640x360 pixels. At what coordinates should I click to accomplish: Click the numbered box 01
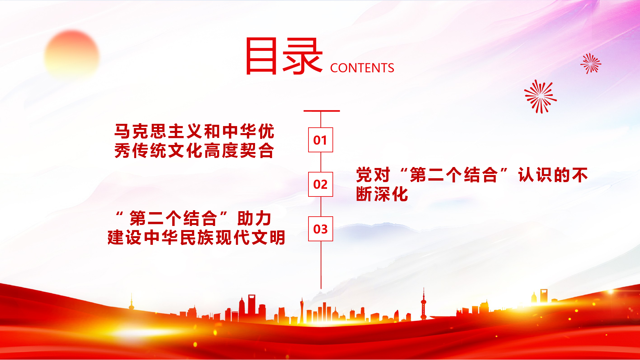click(x=320, y=140)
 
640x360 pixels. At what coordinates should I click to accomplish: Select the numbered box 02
click(x=320, y=184)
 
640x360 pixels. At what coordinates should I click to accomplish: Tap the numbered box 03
click(x=320, y=229)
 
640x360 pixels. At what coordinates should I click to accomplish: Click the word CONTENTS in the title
click(x=362, y=68)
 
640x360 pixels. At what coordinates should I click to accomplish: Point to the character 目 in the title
click(x=261, y=56)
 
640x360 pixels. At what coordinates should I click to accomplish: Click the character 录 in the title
click(x=302, y=56)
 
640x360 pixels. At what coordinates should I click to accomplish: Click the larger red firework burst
click(x=540, y=96)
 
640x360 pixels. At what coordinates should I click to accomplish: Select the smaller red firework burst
click(x=591, y=63)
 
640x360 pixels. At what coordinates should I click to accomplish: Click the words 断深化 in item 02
click(x=382, y=194)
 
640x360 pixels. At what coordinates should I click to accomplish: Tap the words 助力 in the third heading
click(x=254, y=219)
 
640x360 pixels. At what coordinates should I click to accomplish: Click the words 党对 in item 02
click(x=373, y=175)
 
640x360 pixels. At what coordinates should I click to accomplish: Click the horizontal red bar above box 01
click(x=322, y=111)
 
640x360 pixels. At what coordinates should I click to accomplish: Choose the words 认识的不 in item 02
click(x=553, y=175)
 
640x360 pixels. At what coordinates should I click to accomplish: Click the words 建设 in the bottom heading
click(x=124, y=237)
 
